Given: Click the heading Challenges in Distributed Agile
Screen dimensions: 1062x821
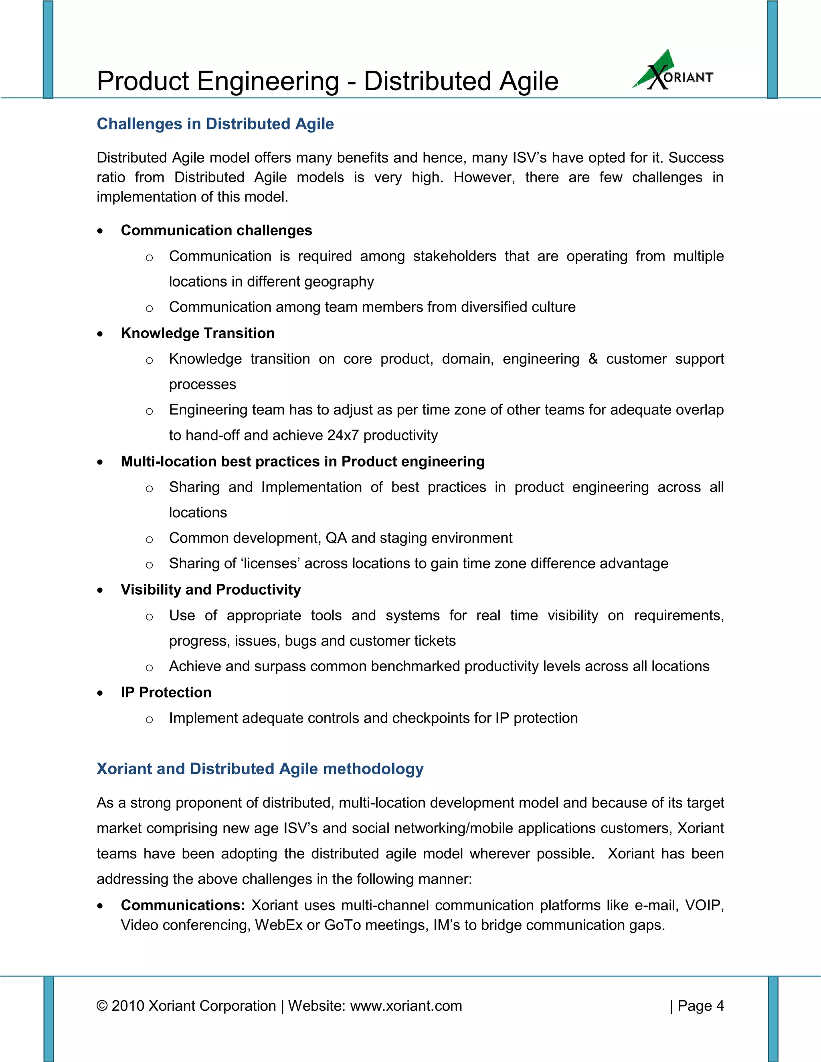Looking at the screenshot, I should [215, 124].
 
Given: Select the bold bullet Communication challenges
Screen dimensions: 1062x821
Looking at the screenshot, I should [216, 230].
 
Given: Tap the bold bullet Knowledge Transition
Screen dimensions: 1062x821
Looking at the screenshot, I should [198, 333].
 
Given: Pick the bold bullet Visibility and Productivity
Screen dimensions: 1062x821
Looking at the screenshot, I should [210, 590].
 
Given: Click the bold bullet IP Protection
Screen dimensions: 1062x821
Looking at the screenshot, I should [166, 693].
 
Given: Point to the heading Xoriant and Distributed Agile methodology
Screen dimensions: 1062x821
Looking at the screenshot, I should [260, 769].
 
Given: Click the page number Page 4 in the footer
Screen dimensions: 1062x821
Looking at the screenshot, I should [700, 1005].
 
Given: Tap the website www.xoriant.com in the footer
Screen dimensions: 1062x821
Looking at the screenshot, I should [406, 1005].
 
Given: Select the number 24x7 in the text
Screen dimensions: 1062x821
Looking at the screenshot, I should [343, 435].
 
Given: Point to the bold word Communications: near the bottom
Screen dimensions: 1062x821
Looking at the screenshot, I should [182, 905].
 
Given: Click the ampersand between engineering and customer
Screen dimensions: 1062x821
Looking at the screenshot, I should [592, 359].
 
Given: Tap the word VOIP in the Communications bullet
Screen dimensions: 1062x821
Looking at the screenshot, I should [704, 905].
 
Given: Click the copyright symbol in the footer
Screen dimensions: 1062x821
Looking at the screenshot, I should [102, 1005].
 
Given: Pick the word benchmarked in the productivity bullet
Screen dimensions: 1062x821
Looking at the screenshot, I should [415, 666].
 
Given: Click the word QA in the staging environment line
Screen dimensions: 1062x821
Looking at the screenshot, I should [336, 538].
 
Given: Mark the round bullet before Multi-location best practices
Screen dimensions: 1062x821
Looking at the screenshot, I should [100, 462].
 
